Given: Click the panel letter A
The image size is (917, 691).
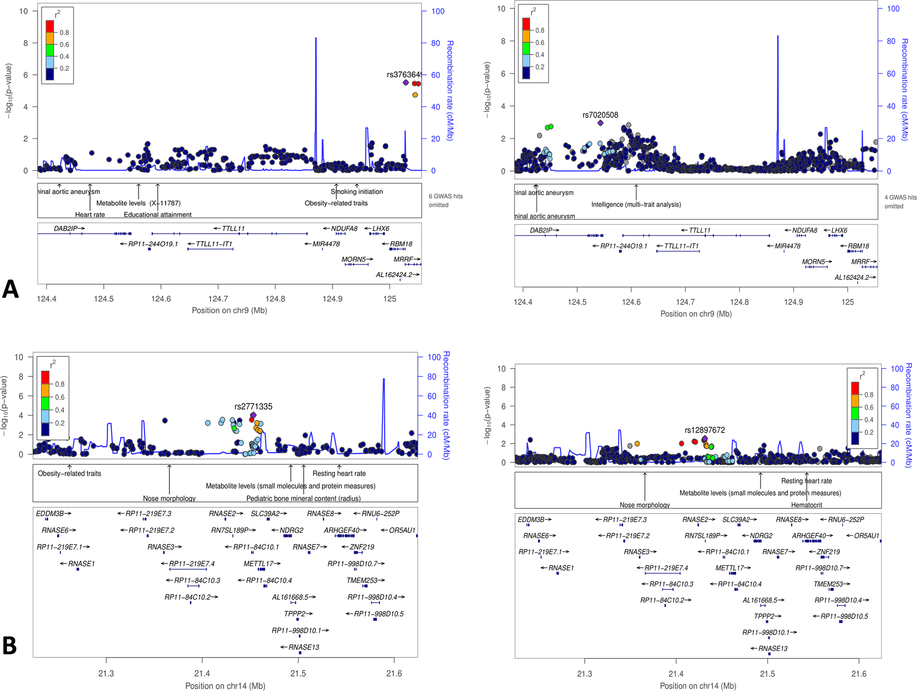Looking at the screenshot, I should [11, 289].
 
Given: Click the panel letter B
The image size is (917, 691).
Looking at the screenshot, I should [10, 645].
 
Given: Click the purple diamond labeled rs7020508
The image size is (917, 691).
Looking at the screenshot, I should [600, 123].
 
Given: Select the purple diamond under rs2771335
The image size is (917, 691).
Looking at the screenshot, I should [253, 415].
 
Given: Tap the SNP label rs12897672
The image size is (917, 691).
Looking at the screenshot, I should [704, 430].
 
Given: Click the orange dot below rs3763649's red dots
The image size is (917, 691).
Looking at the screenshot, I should [415, 95].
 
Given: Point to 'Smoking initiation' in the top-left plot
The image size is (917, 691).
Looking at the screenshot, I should [356, 192].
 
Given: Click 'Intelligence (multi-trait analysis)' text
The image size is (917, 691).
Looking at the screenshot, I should [636, 204].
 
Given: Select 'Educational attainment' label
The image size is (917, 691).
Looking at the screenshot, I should [157, 215].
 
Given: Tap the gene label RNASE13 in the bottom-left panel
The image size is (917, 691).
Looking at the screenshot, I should [303, 647].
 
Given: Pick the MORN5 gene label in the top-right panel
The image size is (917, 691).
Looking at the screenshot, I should [814, 262].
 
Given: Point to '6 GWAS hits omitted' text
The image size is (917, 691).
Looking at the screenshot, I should [445, 200].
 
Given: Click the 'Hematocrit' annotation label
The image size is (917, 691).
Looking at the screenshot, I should [806, 505].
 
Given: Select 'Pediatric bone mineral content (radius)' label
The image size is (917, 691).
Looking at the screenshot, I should [303, 498].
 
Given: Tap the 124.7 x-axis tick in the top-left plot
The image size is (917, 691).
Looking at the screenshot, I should [218, 299].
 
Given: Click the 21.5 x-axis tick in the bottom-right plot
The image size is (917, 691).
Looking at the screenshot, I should [767, 674].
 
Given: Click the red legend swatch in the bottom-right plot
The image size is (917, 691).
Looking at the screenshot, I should [854, 388].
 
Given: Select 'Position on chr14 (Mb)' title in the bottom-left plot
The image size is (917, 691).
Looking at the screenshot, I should [225, 685].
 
